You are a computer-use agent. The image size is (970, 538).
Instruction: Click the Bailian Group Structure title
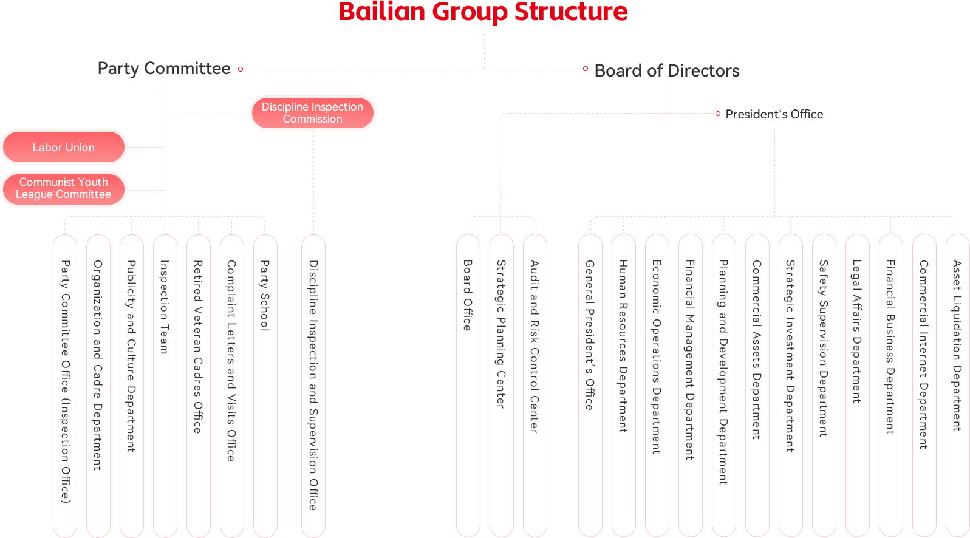(x=483, y=12)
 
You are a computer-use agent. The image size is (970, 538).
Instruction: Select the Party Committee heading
(x=164, y=69)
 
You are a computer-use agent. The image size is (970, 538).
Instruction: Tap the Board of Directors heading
(x=667, y=70)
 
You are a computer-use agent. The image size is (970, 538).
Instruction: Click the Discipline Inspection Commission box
(x=312, y=113)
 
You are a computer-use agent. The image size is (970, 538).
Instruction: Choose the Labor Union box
(x=64, y=147)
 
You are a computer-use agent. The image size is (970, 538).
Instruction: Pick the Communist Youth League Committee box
(x=64, y=189)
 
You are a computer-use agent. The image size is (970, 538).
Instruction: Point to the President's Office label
(x=774, y=114)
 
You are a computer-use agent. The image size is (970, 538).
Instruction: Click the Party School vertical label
(x=265, y=295)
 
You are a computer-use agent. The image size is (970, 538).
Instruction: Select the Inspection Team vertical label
(x=164, y=307)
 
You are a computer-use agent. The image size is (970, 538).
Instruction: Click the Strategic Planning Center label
(x=501, y=334)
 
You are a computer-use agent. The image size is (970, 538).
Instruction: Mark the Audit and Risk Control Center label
(x=535, y=346)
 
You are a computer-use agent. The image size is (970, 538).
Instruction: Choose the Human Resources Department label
(x=623, y=346)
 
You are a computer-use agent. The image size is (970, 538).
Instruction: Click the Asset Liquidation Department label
(x=957, y=346)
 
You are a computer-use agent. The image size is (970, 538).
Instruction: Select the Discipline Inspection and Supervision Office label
(x=313, y=385)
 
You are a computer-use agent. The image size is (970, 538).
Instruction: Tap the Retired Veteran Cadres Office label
(x=198, y=346)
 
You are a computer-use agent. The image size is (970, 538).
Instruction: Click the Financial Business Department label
(x=890, y=347)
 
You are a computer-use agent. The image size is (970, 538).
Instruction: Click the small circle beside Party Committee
(x=241, y=69)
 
